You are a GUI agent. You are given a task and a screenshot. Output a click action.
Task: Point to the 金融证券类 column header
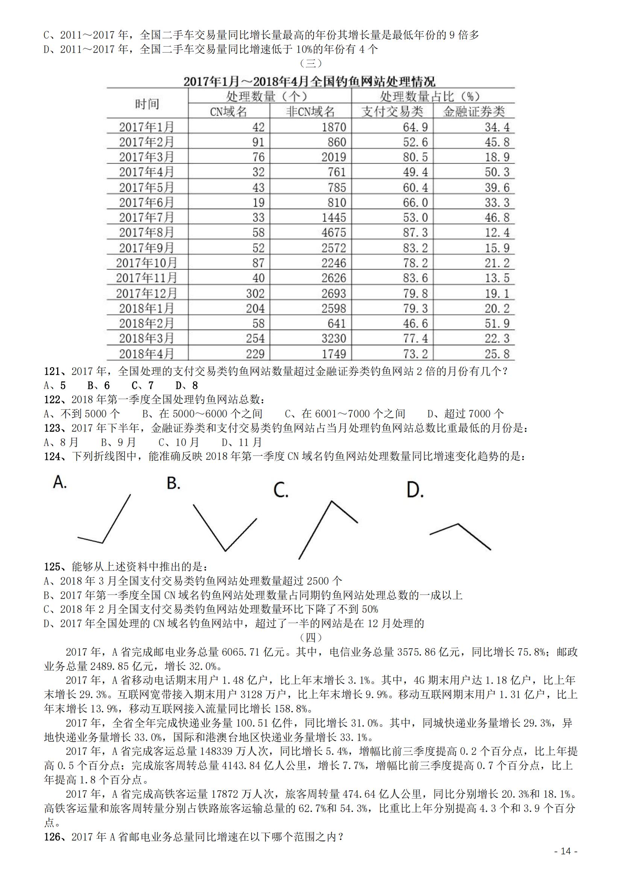click(x=474, y=111)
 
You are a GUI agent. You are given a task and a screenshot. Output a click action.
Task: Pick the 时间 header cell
click(x=147, y=104)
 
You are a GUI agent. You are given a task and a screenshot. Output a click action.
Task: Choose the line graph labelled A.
click(x=104, y=519)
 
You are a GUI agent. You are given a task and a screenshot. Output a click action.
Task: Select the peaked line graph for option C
click(x=328, y=530)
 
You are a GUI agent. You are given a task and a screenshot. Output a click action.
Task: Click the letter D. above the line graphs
click(x=415, y=490)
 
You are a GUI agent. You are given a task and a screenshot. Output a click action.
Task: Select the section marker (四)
click(x=310, y=638)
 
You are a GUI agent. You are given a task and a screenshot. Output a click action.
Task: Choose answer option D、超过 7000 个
click(x=465, y=414)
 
